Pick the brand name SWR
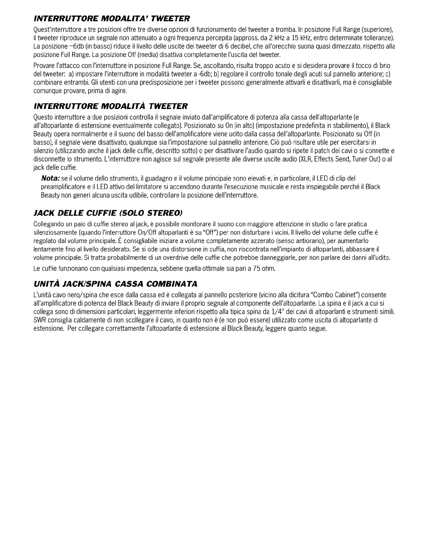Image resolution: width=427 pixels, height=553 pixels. tap(40, 320)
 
